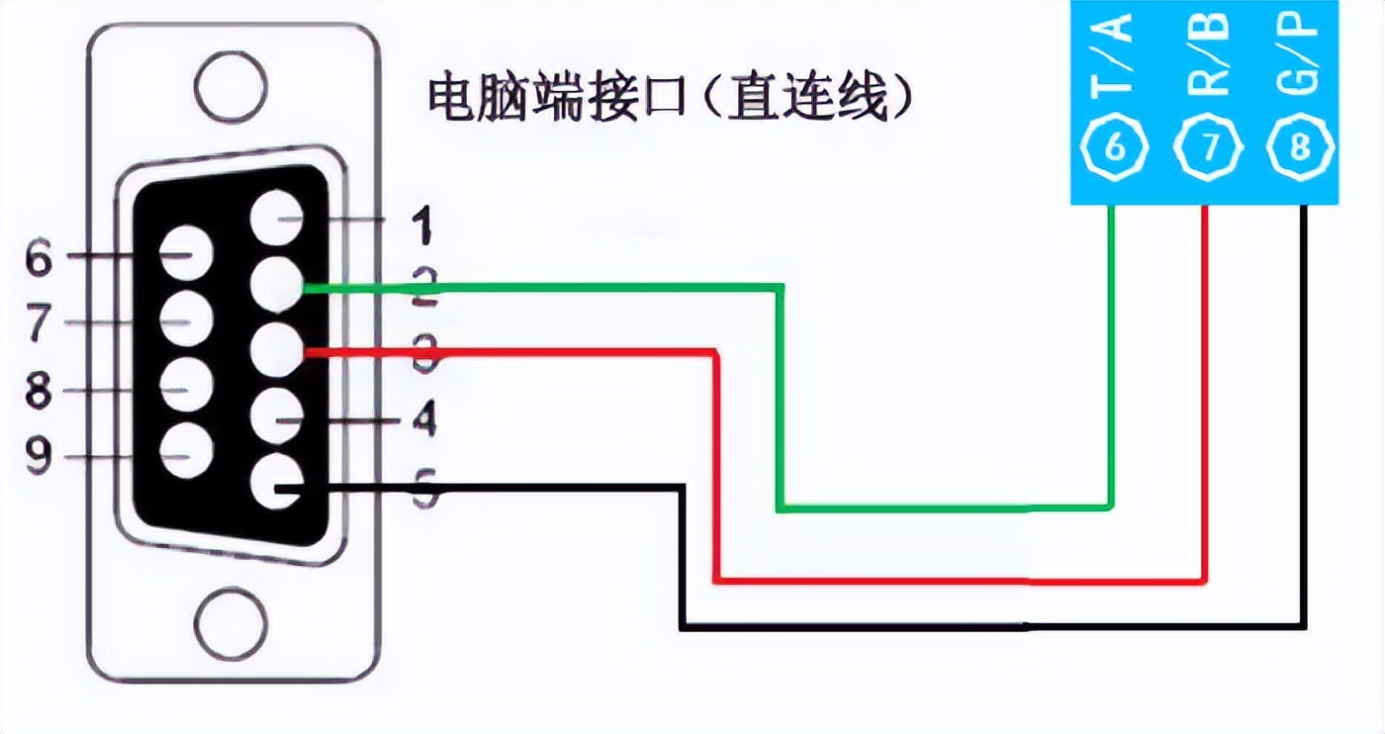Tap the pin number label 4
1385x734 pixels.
(423, 422)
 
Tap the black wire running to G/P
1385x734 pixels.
(989, 626)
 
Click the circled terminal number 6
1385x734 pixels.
(1115, 148)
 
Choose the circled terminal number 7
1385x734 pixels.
(1208, 148)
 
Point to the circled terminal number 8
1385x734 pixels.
(1301, 148)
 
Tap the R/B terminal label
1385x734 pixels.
(1207, 56)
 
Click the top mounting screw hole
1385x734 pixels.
(231, 87)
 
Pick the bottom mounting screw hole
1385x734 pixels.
(231, 624)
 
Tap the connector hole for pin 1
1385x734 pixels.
(276, 219)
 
